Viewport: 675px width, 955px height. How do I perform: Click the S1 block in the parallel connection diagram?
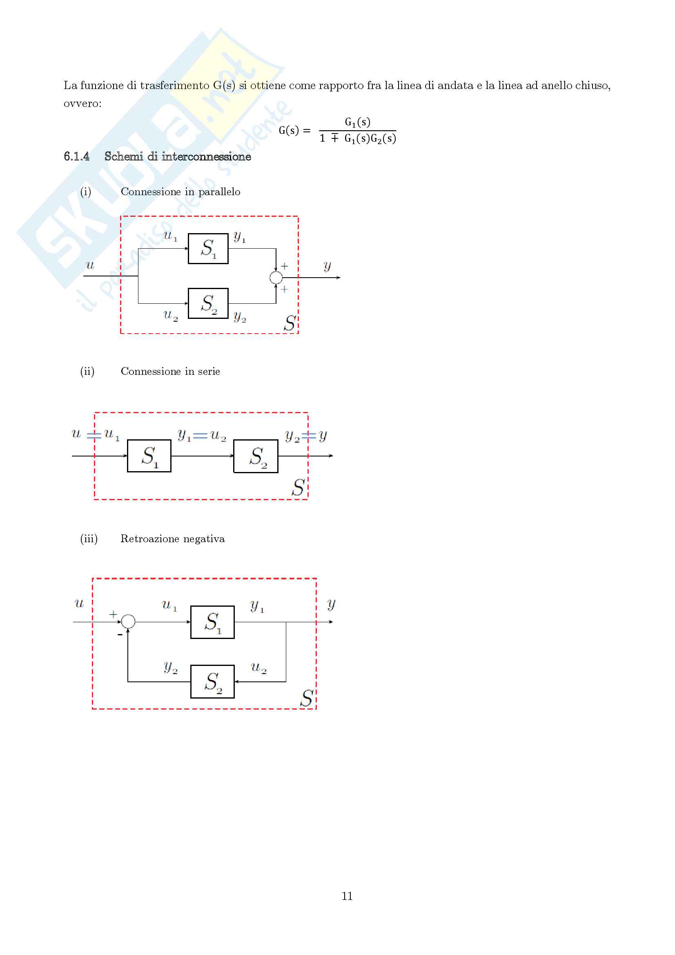(208, 249)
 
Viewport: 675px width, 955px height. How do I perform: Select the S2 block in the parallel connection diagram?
(208, 303)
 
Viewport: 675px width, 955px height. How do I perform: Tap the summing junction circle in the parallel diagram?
(276, 277)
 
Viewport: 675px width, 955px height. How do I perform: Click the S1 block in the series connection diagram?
(149, 456)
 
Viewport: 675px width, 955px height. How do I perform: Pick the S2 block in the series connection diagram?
(256, 456)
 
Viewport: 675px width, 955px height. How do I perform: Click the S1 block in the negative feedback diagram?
(212, 622)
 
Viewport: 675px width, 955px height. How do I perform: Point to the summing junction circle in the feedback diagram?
(129, 621)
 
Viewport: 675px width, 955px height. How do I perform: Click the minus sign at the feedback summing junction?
(120, 635)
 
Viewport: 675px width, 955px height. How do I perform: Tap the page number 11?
(347, 895)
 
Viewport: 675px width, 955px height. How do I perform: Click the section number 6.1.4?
(76, 156)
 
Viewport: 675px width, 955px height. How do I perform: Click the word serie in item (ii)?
(209, 372)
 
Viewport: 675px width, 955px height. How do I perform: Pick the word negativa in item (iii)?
(204, 539)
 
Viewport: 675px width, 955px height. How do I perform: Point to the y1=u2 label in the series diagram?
(202, 436)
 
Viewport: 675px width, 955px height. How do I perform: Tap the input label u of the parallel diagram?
(90, 265)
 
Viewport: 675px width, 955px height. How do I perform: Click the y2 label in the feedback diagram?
(171, 668)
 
